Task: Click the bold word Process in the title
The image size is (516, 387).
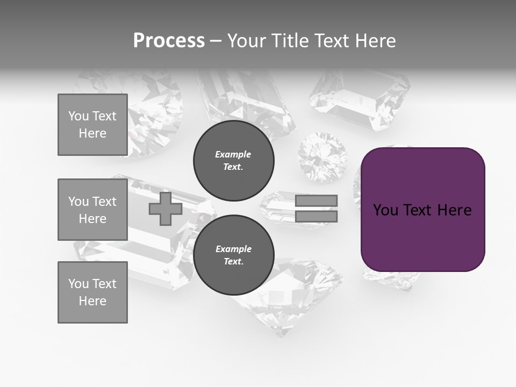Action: [169, 41]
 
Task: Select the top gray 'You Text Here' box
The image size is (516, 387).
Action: [92, 125]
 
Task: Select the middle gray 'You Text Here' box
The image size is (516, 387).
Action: [92, 210]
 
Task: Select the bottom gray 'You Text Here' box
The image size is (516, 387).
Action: [92, 292]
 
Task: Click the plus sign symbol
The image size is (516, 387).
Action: [166, 209]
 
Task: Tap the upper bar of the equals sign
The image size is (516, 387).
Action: [316, 200]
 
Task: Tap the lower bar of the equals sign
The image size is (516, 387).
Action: [316, 217]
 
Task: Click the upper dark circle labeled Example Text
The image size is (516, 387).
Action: [233, 160]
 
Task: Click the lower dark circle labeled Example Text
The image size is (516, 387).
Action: [233, 255]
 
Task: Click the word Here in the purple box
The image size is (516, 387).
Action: [454, 210]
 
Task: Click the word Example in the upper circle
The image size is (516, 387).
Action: [233, 154]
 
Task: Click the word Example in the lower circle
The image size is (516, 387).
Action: [233, 249]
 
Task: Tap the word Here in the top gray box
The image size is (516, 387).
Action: [92, 133]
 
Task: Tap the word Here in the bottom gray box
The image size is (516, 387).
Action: [92, 301]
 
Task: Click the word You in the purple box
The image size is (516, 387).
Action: [386, 210]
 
